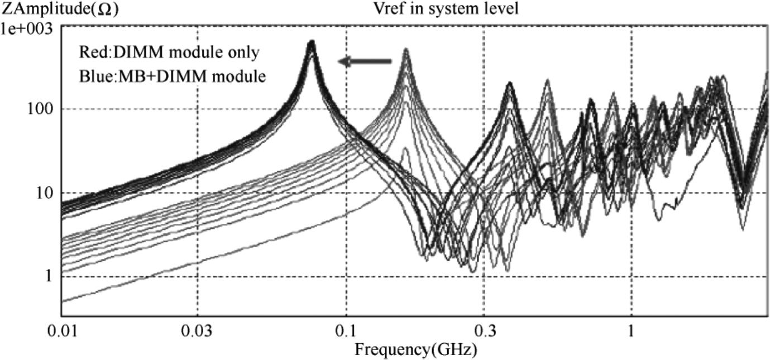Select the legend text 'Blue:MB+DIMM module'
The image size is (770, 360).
pos(171,76)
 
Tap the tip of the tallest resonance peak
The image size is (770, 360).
pos(312,41)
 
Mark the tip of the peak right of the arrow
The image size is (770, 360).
pos(406,49)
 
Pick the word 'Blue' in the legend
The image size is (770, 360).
pos(91,76)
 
